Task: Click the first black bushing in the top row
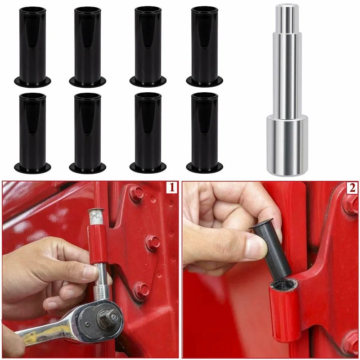(x=32, y=45)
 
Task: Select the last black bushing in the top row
(x=204, y=45)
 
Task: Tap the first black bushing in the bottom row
(x=32, y=132)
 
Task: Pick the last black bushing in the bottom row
(x=204, y=132)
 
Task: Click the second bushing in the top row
(x=88, y=45)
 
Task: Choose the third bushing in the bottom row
(x=148, y=132)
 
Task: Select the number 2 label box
(x=352, y=188)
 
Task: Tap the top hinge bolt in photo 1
(x=136, y=193)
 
